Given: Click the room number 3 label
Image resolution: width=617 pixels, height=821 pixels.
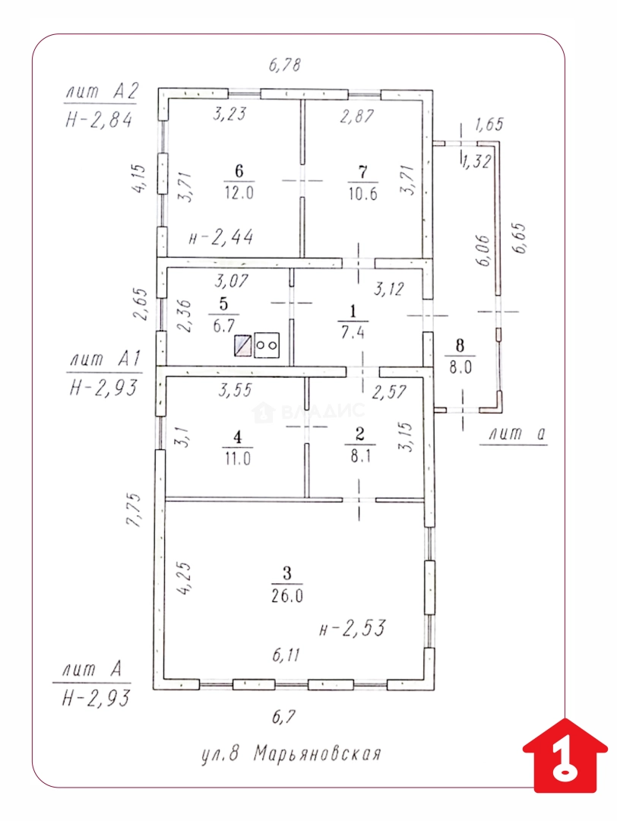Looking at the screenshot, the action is coord(286,573).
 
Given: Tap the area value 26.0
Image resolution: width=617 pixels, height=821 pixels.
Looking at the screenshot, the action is coord(286,596).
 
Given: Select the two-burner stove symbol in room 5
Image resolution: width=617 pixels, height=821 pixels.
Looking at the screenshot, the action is coord(267,346).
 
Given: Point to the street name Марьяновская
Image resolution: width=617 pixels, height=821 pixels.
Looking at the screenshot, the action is coord(318,754).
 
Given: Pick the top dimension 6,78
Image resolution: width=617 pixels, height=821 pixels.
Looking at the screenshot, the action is coord(285,65).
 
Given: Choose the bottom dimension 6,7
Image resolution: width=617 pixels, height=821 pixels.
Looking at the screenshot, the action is coord(283,716).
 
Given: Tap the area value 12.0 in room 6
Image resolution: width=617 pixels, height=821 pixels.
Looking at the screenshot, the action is coord(239,192).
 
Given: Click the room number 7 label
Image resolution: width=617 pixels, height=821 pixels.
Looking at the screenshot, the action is coord(362,171).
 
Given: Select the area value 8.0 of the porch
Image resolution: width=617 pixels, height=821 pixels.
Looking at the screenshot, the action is coord(460,367).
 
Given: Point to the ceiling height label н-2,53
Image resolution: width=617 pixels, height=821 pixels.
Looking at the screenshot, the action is coord(353,628).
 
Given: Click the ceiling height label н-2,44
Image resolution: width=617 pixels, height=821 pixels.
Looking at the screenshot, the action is coord(221,237).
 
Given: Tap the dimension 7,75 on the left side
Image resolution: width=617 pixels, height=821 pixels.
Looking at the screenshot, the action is coord(134,509).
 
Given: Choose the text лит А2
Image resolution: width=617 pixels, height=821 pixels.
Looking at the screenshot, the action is coord(102,92).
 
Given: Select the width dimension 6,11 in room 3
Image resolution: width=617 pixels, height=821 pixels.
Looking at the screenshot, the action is coord(286,655).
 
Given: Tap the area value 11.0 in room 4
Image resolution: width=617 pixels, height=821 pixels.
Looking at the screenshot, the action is coord(238,458).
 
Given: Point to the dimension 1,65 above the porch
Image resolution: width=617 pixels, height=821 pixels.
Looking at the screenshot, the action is coord(489,124).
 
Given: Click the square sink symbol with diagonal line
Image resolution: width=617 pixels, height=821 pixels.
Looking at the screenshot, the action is coord(243,346).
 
